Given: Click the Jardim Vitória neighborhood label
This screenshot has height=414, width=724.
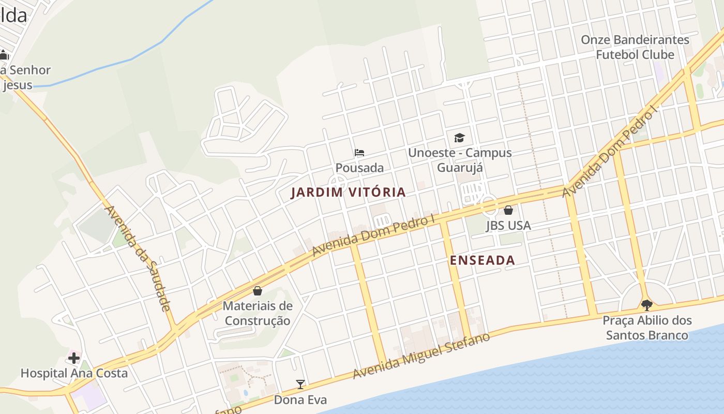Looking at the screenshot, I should coord(348,193).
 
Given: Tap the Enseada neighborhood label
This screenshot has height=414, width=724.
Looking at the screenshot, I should coord(482,260).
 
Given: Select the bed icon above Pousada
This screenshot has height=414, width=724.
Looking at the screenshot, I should coord(359,153).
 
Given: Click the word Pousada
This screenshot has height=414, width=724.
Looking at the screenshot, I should coord(359,168).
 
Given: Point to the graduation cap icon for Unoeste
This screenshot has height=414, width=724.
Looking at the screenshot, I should coord(459,138).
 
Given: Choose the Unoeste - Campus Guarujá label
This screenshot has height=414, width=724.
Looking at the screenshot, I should coord(460,160).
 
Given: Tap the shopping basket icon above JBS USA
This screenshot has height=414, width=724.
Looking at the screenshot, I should coord(508,210).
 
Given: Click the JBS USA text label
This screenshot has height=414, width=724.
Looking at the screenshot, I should coord(508,226).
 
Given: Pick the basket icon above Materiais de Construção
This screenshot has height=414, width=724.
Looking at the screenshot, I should coord(258,291).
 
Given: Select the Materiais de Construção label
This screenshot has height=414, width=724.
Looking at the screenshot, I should coord(258,313).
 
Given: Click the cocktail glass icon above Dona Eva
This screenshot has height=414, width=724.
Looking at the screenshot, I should coord(300,384).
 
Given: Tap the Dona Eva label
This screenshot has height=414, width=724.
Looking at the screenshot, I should coord(300,400).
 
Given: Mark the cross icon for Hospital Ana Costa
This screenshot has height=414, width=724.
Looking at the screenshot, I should coord(74,358).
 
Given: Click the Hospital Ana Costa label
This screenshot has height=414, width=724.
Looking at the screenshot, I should coord(74,373).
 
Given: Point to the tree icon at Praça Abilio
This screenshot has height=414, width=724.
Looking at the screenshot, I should coord(646,305).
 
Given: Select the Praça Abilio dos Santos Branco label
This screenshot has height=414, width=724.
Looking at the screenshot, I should coord(647,328).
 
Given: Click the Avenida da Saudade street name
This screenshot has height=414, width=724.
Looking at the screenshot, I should coord(138,258).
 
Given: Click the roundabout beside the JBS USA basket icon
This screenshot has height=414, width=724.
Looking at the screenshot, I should coord(488,205).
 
